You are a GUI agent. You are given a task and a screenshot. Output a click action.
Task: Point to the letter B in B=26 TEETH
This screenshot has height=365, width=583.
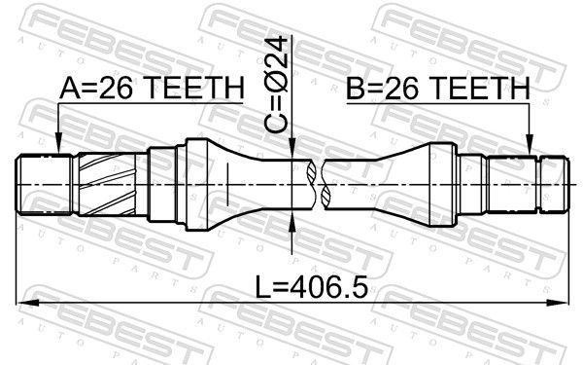coord(356,90)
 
